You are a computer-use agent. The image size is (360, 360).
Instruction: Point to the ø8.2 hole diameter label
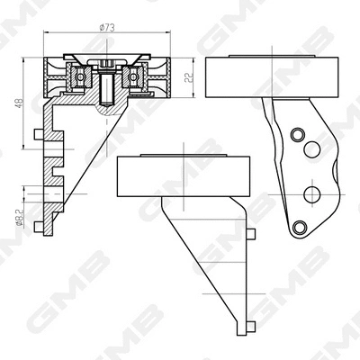18,217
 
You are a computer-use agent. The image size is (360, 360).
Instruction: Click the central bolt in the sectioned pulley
106,88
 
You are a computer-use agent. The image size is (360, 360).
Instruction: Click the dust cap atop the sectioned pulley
106,63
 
